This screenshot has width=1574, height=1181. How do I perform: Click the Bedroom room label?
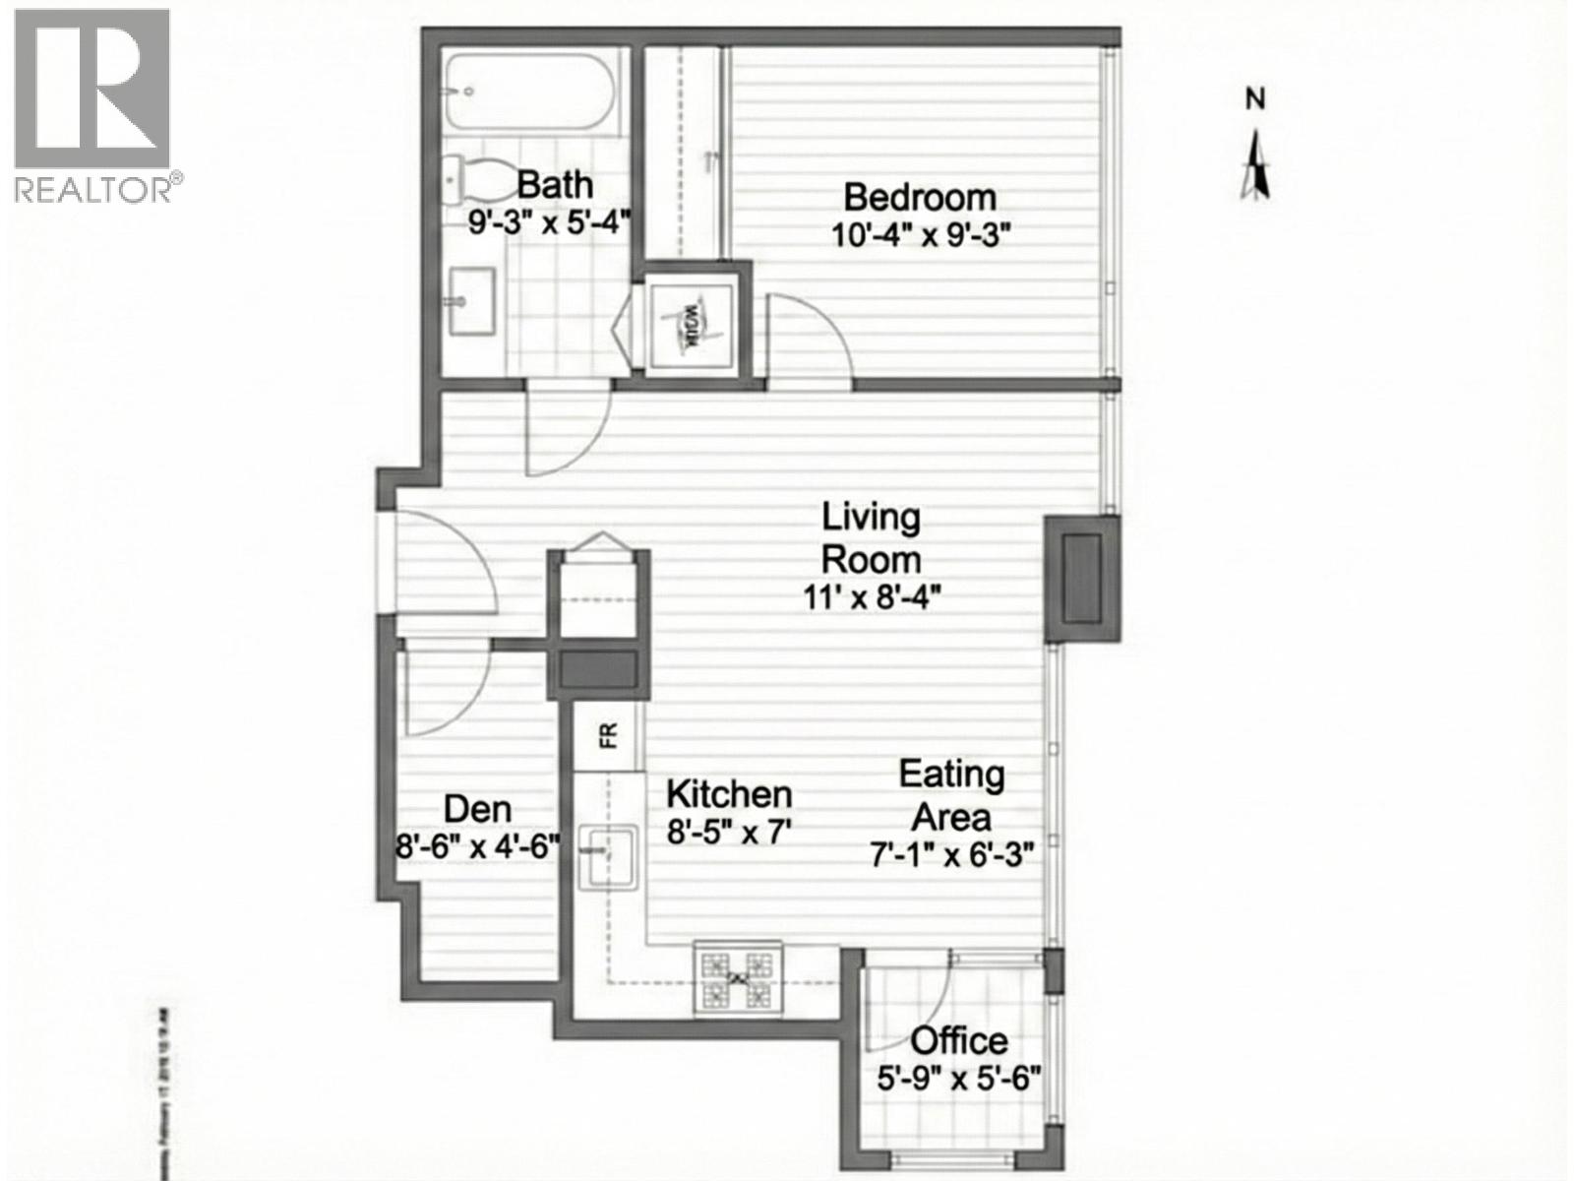[x=920, y=197]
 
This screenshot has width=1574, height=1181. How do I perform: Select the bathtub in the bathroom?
[x=528, y=93]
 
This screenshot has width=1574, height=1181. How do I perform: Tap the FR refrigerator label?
[x=609, y=734]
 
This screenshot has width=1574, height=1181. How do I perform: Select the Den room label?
[x=477, y=809]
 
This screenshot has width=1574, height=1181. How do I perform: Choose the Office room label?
[x=958, y=1040]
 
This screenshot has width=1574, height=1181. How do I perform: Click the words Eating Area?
[x=951, y=795]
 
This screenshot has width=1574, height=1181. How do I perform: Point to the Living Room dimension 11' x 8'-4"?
[x=873, y=597]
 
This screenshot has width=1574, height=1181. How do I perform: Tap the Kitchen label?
[x=729, y=793]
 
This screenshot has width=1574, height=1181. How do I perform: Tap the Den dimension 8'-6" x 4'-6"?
[x=477, y=845]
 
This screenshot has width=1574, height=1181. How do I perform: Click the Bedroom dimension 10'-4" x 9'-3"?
[x=920, y=236]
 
